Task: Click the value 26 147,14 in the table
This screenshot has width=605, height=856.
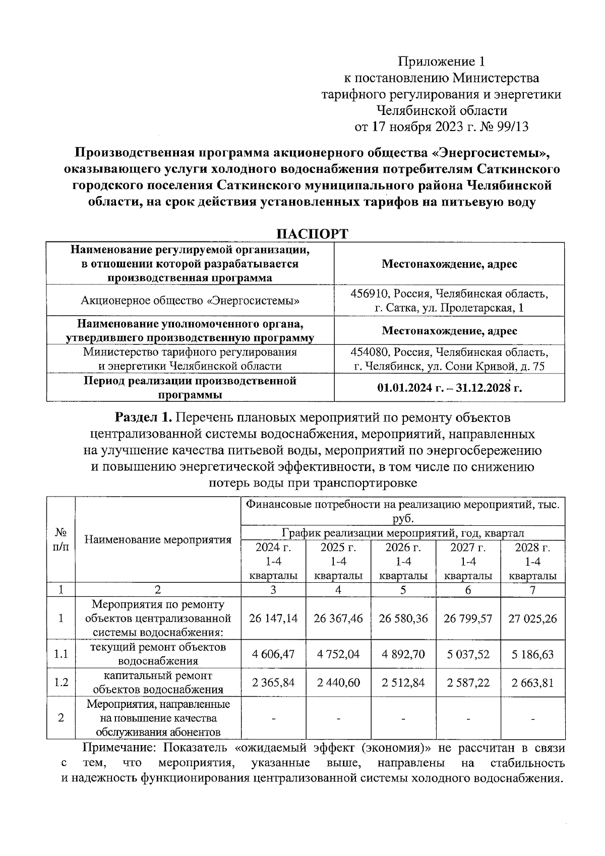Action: click(273, 618)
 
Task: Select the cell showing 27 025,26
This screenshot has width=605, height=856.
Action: click(532, 618)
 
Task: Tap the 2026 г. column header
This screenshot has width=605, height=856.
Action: click(403, 561)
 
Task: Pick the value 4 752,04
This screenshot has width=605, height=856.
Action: click(338, 654)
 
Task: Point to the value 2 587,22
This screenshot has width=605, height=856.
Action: click(468, 683)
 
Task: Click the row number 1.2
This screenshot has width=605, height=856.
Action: click(61, 683)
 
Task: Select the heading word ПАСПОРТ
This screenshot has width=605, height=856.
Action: click(313, 234)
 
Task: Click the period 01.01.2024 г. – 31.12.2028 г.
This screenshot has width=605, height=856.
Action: click(449, 388)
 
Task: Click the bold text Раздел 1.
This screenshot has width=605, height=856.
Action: click(144, 418)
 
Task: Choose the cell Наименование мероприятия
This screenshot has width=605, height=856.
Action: click(158, 540)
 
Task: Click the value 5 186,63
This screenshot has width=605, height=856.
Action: click(532, 654)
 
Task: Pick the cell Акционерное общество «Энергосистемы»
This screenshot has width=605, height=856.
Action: click(190, 301)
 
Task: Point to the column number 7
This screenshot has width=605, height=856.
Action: click(532, 590)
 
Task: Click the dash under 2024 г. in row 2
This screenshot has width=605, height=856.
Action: click(273, 718)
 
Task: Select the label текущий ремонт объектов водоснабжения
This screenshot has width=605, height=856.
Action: click(158, 654)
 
